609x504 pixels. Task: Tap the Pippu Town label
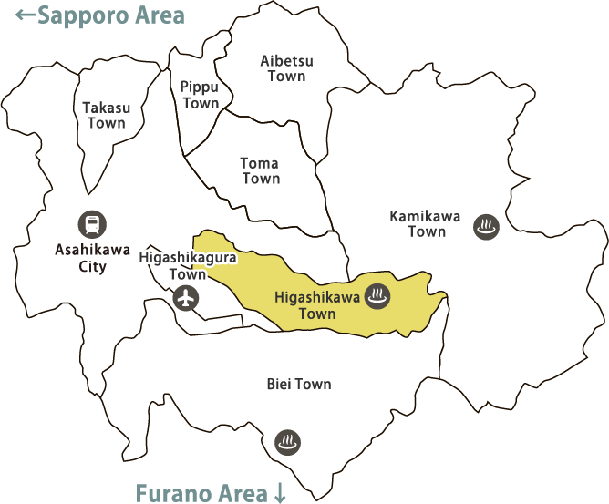[x=200, y=95]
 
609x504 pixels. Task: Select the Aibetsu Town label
[x=286, y=68]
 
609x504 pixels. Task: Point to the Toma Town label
[x=260, y=170]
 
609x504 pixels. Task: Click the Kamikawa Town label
[x=426, y=223]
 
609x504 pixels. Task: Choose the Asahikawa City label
[x=92, y=258]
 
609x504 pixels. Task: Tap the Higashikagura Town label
[x=188, y=265]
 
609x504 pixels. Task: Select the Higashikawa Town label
[x=317, y=304]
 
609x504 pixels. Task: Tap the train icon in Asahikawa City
[x=92, y=223]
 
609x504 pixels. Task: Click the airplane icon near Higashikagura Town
[x=186, y=297]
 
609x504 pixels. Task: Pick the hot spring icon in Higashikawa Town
[x=377, y=295]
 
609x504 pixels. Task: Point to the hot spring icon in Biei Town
[x=287, y=443]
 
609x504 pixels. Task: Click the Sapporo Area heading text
[x=110, y=15]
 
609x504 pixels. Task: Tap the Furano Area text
[x=201, y=493]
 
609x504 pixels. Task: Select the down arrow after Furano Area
[x=280, y=494]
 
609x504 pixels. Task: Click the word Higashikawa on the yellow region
[x=317, y=296]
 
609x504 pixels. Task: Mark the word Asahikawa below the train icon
[x=92, y=250]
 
